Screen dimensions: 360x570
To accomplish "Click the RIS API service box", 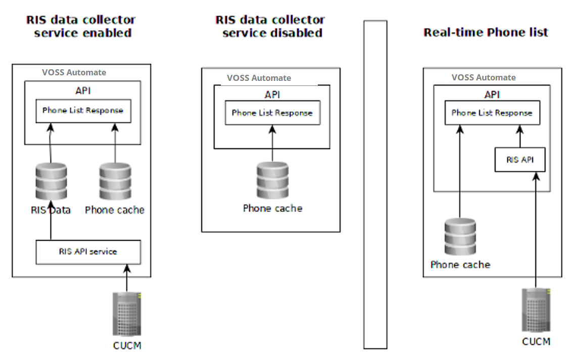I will [x=88, y=252].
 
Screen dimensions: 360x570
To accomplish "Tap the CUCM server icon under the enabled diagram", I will [x=126, y=314].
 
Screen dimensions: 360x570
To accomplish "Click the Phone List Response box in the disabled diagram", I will [x=272, y=113].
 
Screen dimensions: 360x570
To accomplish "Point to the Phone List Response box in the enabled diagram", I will [x=83, y=111].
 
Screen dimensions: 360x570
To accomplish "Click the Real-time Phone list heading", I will [x=485, y=33].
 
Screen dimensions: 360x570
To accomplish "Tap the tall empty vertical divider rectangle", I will [x=375, y=185].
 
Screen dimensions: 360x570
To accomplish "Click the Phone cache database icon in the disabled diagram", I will [x=272, y=180].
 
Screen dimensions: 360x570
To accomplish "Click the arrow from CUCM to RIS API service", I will [x=126, y=277].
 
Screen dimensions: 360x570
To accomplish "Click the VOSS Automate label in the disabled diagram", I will [x=259, y=78].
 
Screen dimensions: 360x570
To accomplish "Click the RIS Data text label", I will [x=51, y=210].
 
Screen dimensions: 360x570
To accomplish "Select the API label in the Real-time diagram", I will [x=492, y=95].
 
